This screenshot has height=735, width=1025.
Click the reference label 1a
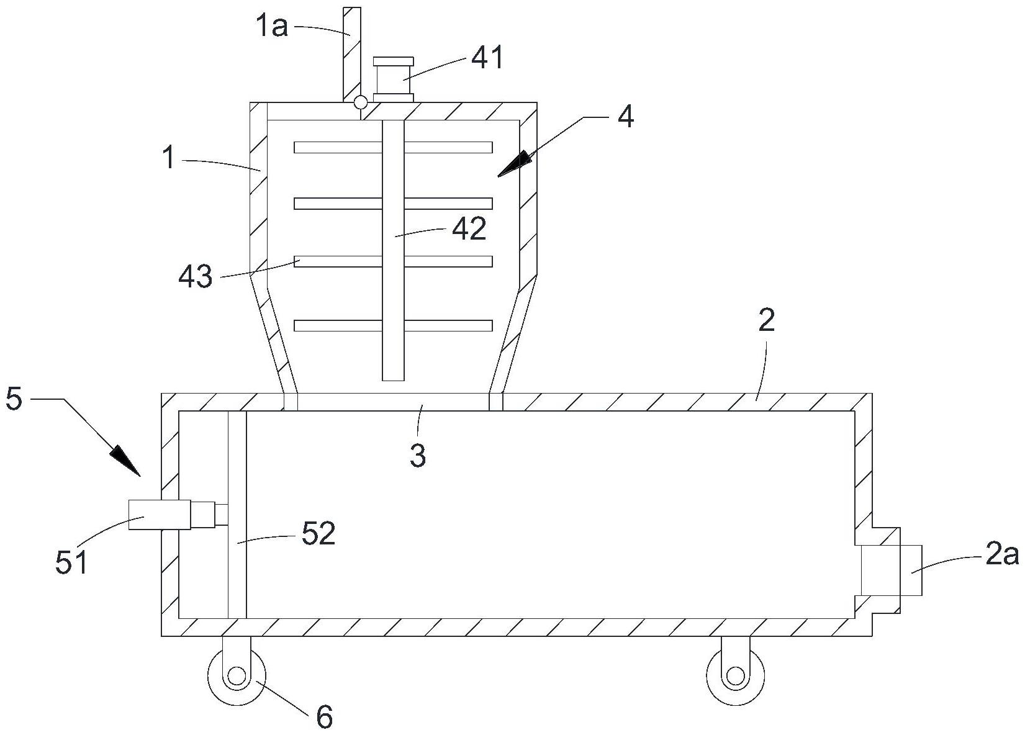(271, 27)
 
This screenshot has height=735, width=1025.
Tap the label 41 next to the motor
(487, 58)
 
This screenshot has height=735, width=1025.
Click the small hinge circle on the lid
(360, 102)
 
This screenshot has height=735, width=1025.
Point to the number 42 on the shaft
(469, 230)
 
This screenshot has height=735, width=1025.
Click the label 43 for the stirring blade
(195, 276)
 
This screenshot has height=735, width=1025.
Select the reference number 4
(626, 117)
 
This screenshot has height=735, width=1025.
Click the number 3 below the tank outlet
(418, 455)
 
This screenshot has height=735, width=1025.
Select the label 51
(71, 562)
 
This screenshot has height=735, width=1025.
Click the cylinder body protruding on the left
(159, 515)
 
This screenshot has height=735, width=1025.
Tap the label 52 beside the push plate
(318, 533)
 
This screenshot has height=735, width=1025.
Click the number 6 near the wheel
(324, 718)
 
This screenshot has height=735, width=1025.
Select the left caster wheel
(237, 676)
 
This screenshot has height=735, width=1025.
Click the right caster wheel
(735, 676)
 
